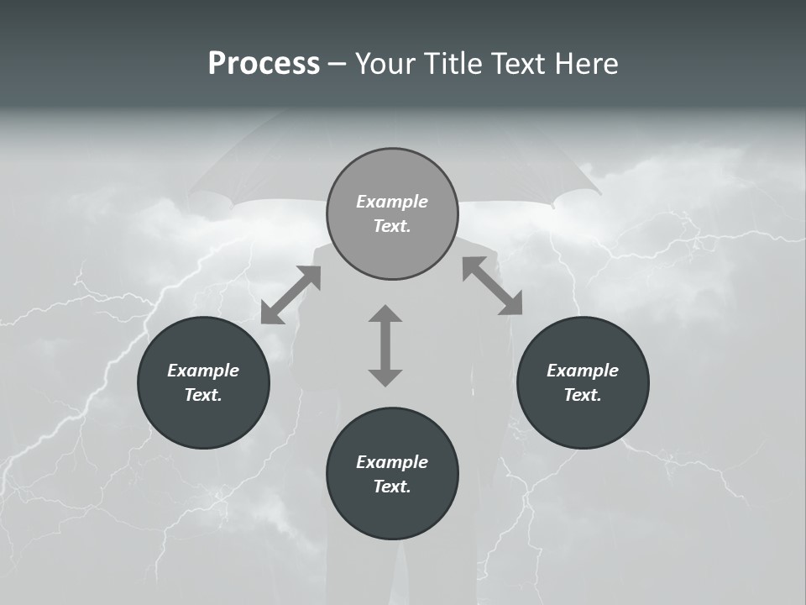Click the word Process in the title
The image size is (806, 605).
264,64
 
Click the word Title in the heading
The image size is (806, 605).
454,64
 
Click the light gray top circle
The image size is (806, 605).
392,176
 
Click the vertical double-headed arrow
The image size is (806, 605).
385,345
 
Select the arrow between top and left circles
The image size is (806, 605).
290,294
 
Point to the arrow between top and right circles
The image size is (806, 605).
492,286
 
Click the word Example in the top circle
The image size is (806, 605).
392,202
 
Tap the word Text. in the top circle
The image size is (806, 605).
392,226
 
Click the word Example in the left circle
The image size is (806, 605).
203,371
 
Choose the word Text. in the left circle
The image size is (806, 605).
203,395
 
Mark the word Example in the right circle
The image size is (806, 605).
583,371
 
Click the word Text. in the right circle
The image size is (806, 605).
583,395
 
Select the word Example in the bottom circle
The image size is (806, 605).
392,462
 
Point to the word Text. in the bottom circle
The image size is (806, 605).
392,487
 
